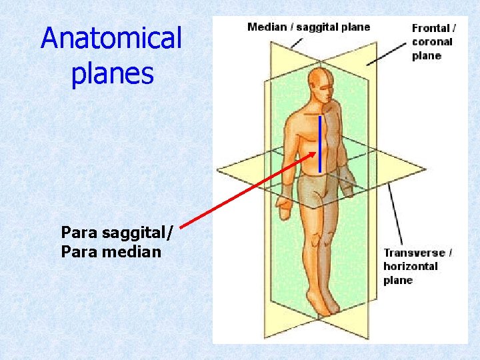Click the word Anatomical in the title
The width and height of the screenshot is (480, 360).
coord(111,38)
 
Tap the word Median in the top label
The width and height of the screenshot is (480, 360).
coord(266,27)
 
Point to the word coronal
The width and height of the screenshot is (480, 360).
coord(431,41)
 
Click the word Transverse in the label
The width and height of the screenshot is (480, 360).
coord(413,253)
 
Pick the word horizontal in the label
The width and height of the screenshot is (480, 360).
coord(410,266)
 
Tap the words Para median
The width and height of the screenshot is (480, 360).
coord(111,251)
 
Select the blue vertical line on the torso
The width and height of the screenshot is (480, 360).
coord(320,143)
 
